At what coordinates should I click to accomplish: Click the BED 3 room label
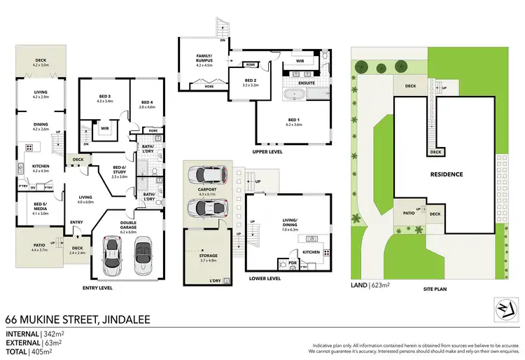click(x=104, y=96)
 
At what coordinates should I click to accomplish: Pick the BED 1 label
click(x=293, y=120)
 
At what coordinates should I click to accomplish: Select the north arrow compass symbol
click(x=507, y=307)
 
